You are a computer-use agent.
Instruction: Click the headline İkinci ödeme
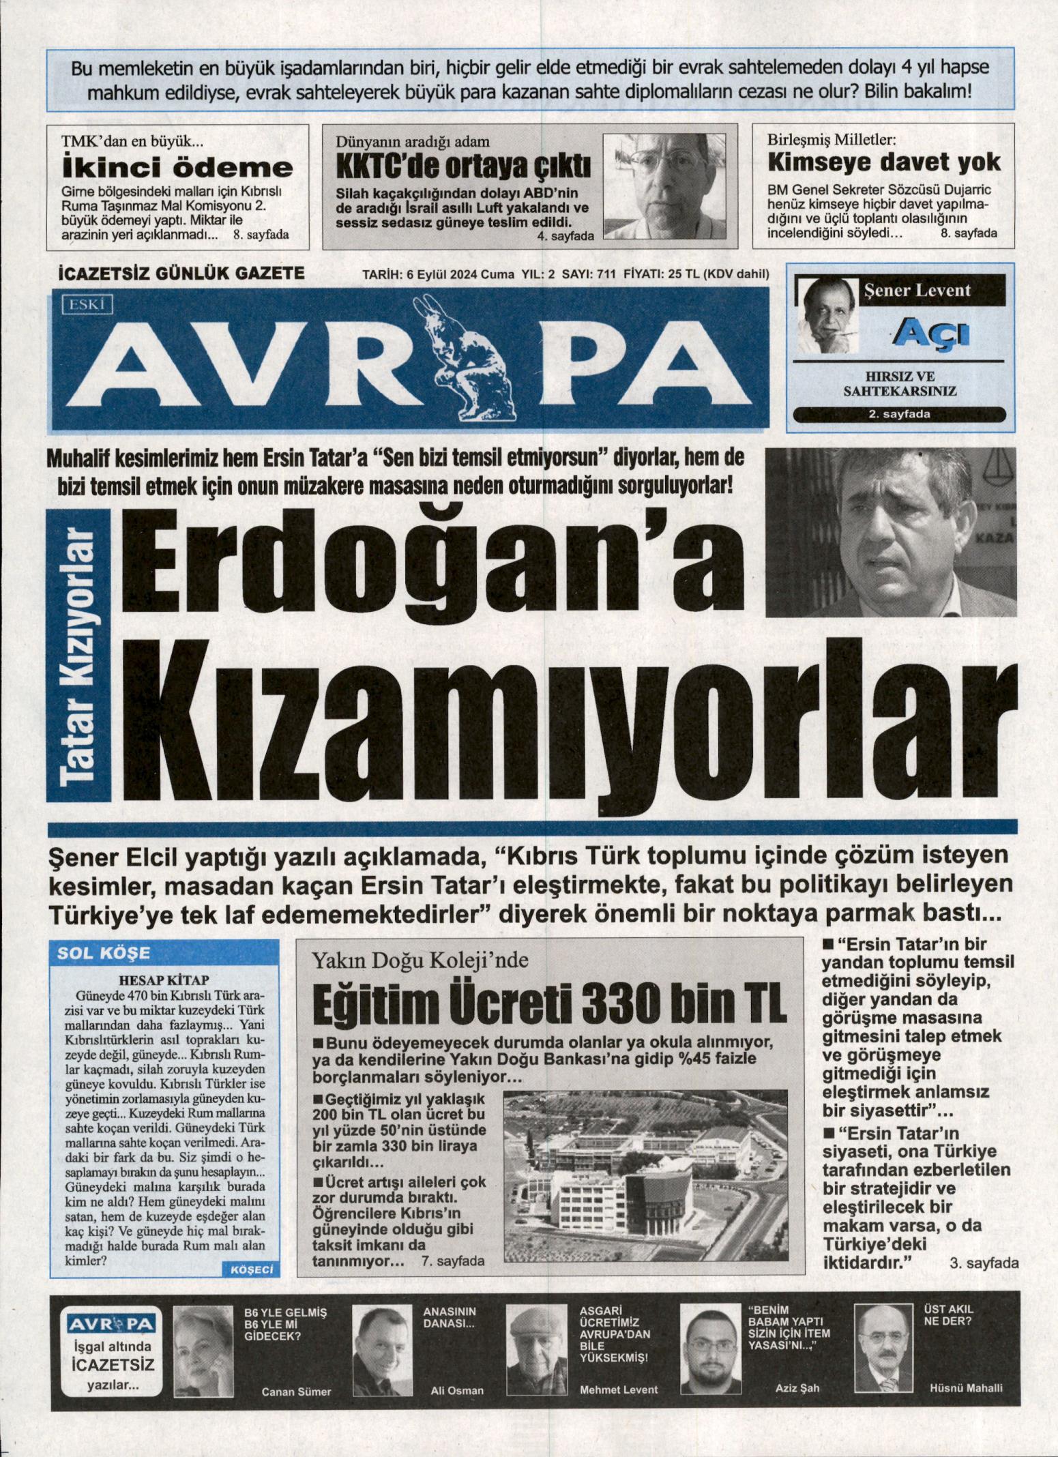(x=177, y=168)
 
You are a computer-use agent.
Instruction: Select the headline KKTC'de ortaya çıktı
(x=464, y=166)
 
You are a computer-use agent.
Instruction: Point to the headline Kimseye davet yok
(x=884, y=162)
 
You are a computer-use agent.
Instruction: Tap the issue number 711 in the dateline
(x=606, y=274)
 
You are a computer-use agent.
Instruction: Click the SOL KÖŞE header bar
(x=164, y=953)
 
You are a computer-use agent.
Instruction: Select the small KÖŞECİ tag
(x=252, y=1269)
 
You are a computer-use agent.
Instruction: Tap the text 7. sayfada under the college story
(x=453, y=1261)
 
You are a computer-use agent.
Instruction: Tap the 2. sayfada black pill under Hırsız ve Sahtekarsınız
(x=899, y=414)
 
